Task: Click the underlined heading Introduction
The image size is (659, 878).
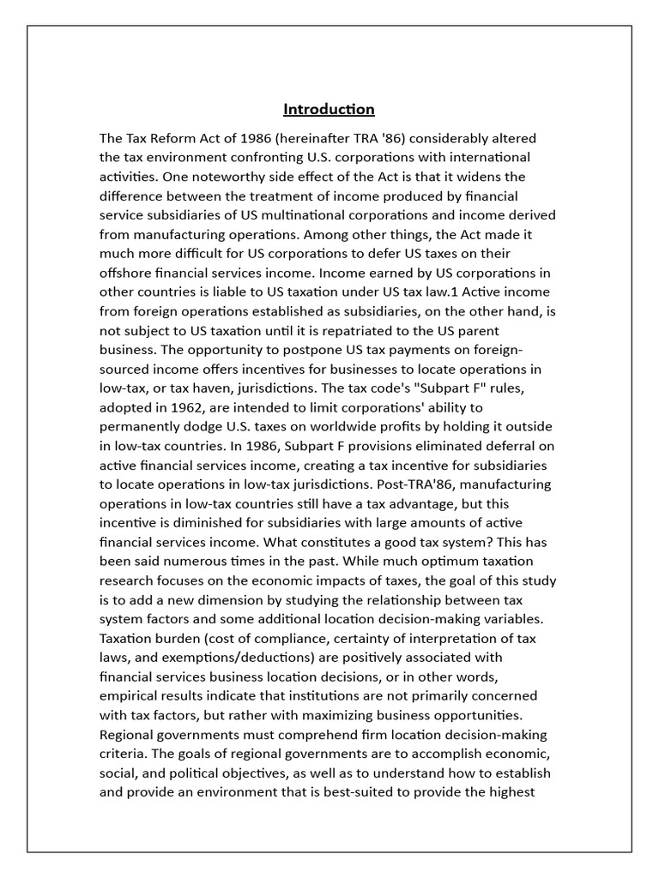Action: point(329,110)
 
